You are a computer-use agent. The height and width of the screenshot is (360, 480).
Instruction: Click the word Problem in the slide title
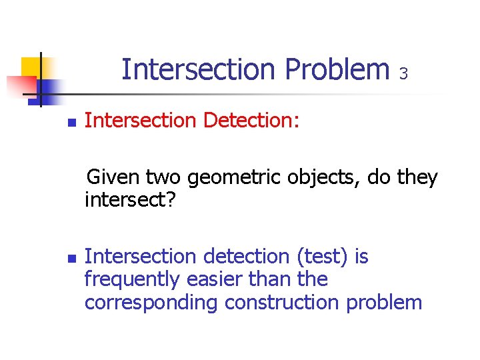pos(337,69)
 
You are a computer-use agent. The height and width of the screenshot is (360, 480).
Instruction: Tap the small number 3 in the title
pos(403,73)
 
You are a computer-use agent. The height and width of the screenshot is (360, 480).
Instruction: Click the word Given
pos(113,178)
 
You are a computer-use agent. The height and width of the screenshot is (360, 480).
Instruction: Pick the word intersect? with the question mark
pos(130,201)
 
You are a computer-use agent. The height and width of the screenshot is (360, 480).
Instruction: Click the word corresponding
pos(151,303)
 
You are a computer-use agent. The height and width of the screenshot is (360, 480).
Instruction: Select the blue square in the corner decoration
pos(49,89)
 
